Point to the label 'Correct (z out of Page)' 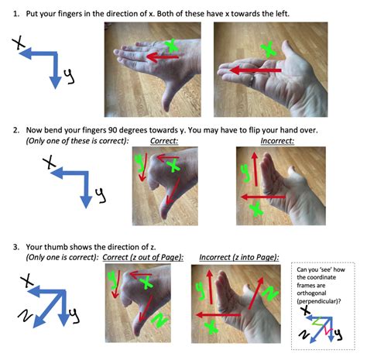point(142,257)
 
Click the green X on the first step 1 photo point(171,48)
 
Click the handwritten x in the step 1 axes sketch point(18,46)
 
